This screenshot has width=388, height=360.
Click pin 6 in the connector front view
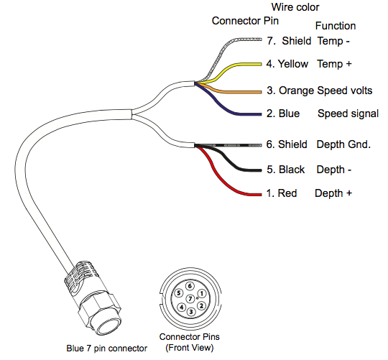point(190,286)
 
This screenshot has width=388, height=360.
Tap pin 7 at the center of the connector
point(190,299)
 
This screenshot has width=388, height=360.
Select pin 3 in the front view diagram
point(191,312)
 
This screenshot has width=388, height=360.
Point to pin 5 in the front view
point(179,293)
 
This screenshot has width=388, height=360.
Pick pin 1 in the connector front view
point(202,294)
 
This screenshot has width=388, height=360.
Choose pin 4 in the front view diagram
point(182,307)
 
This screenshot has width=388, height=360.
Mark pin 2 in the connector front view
point(201,306)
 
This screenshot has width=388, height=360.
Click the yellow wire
point(238,65)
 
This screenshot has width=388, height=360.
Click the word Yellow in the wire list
point(293,64)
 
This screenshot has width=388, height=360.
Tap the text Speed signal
point(348,114)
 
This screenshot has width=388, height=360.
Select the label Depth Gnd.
point(343,144)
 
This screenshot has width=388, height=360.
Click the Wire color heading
point(295,7)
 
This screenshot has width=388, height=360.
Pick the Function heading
point(336,26)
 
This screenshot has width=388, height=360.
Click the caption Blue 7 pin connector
point(106,349)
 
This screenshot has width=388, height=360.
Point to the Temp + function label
point(334,64)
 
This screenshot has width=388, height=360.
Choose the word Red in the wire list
point(287,193)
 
